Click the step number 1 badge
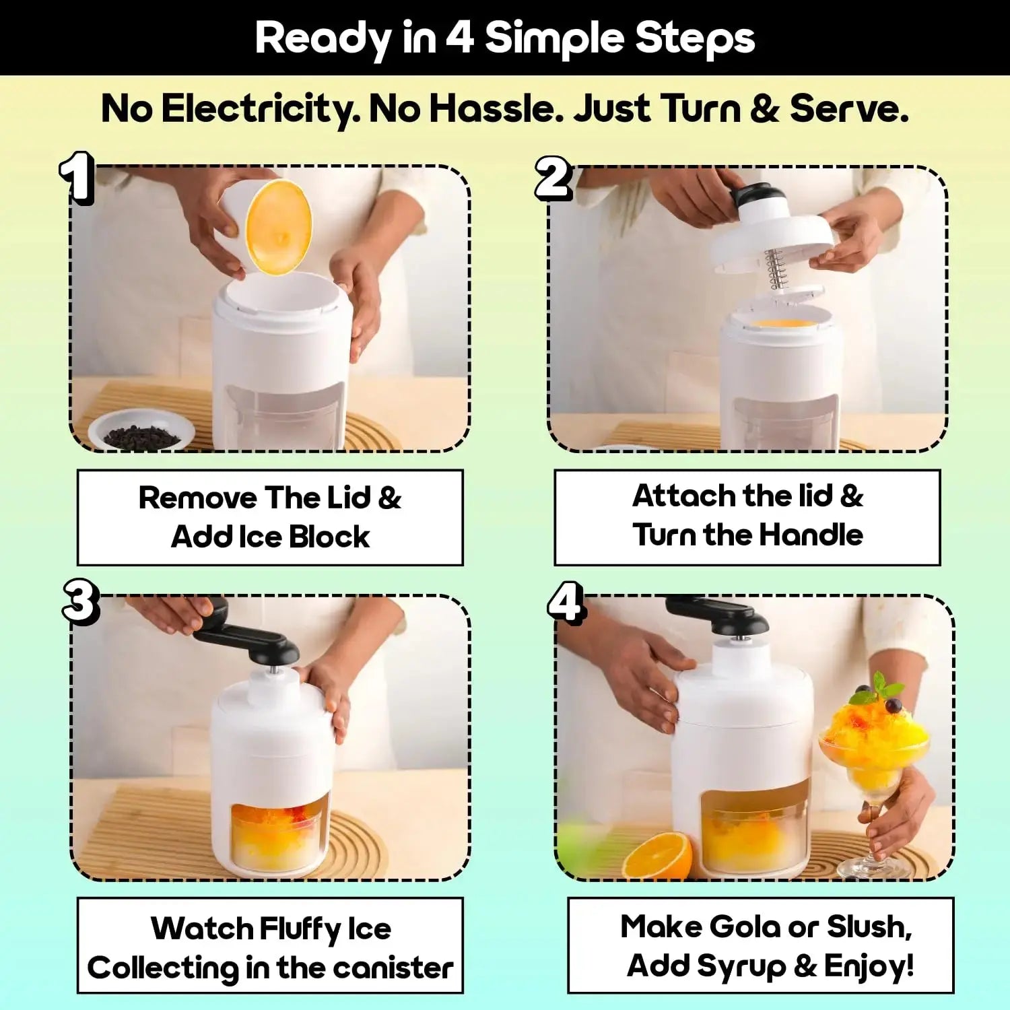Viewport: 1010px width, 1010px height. [76, 177]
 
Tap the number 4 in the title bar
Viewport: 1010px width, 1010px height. [459, 38]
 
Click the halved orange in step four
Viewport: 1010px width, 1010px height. [658, 856]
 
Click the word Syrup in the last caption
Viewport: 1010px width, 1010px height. [741, 966]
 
